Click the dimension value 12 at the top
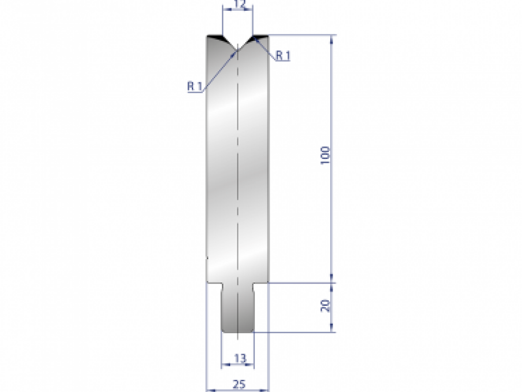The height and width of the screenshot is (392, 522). point(238,5)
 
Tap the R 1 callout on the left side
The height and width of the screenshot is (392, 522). point(194,86)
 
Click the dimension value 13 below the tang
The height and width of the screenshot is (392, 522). point(240,358)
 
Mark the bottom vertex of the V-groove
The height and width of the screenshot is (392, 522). point(238,49)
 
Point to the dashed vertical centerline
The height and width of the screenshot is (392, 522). point(238,174)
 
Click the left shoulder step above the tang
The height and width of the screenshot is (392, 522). point(214,284)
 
